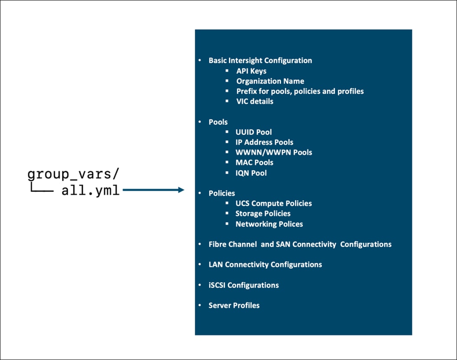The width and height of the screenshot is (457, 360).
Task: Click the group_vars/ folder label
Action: [72, 174]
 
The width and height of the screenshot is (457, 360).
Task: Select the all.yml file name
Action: [90, 190]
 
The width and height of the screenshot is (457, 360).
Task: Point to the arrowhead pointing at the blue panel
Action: [181, 190]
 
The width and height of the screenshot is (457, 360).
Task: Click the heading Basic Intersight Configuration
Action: [260, 60]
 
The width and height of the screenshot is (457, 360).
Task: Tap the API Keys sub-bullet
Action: [251, 71]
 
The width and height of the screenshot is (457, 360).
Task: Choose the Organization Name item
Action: [270, 81]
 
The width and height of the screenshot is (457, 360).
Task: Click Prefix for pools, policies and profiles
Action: [300, 91]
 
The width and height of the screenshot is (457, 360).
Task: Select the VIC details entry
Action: [255, 101]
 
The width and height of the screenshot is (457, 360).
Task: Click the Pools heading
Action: [218, 122]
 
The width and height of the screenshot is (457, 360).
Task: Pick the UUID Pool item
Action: [253, 132]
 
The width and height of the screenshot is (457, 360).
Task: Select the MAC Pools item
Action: [254, 162]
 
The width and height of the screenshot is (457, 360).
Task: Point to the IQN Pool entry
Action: [251, 173]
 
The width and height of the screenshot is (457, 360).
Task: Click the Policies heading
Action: [222, 193]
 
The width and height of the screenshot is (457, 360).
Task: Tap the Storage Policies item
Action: [263, 213]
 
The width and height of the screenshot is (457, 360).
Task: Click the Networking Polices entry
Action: [269, 224]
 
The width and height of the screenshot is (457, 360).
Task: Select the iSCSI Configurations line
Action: [243, 285]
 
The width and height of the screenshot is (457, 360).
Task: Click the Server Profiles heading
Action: [234, 305]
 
